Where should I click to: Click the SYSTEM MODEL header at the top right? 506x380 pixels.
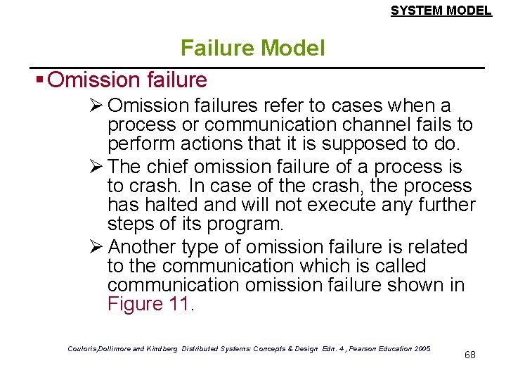click(x=441, y=11)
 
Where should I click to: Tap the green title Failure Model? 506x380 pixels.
click(x=252, y=48)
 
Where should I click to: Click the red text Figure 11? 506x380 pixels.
click(x=148, y=304)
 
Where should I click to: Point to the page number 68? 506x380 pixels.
click(x=470, y=355)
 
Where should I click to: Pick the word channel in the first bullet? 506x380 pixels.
click(x=372, y=125)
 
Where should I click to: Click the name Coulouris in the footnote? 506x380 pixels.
click(x=85, y=348)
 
